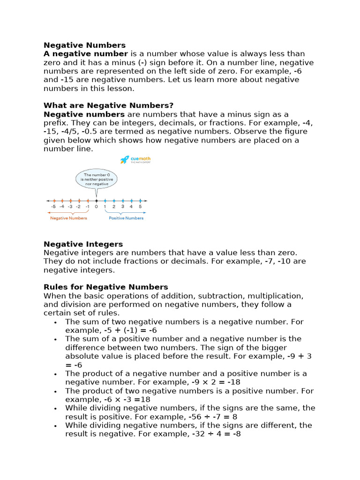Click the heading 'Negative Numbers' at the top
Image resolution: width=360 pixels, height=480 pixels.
click(x=84, y=45)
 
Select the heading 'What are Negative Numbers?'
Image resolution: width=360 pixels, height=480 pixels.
click(x=108, y=105)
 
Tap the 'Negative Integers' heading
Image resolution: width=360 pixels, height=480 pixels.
click(x=83, y=244)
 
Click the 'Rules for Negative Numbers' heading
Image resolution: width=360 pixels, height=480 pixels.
click(x=105, y=287)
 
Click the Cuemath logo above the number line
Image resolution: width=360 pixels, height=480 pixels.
click(x=135, y=160)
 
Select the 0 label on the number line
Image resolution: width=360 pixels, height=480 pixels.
click(x=96, y=206)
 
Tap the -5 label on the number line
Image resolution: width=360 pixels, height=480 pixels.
click(x=53, y=206)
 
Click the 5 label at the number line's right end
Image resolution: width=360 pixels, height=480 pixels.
click(x=140, y=206)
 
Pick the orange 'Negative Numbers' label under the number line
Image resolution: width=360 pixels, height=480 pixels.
click(x=68, y=218)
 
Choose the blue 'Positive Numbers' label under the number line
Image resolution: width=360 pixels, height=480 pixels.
click(x=126, y=218)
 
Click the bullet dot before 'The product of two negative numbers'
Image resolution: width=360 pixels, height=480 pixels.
click(x=56, y=391)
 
